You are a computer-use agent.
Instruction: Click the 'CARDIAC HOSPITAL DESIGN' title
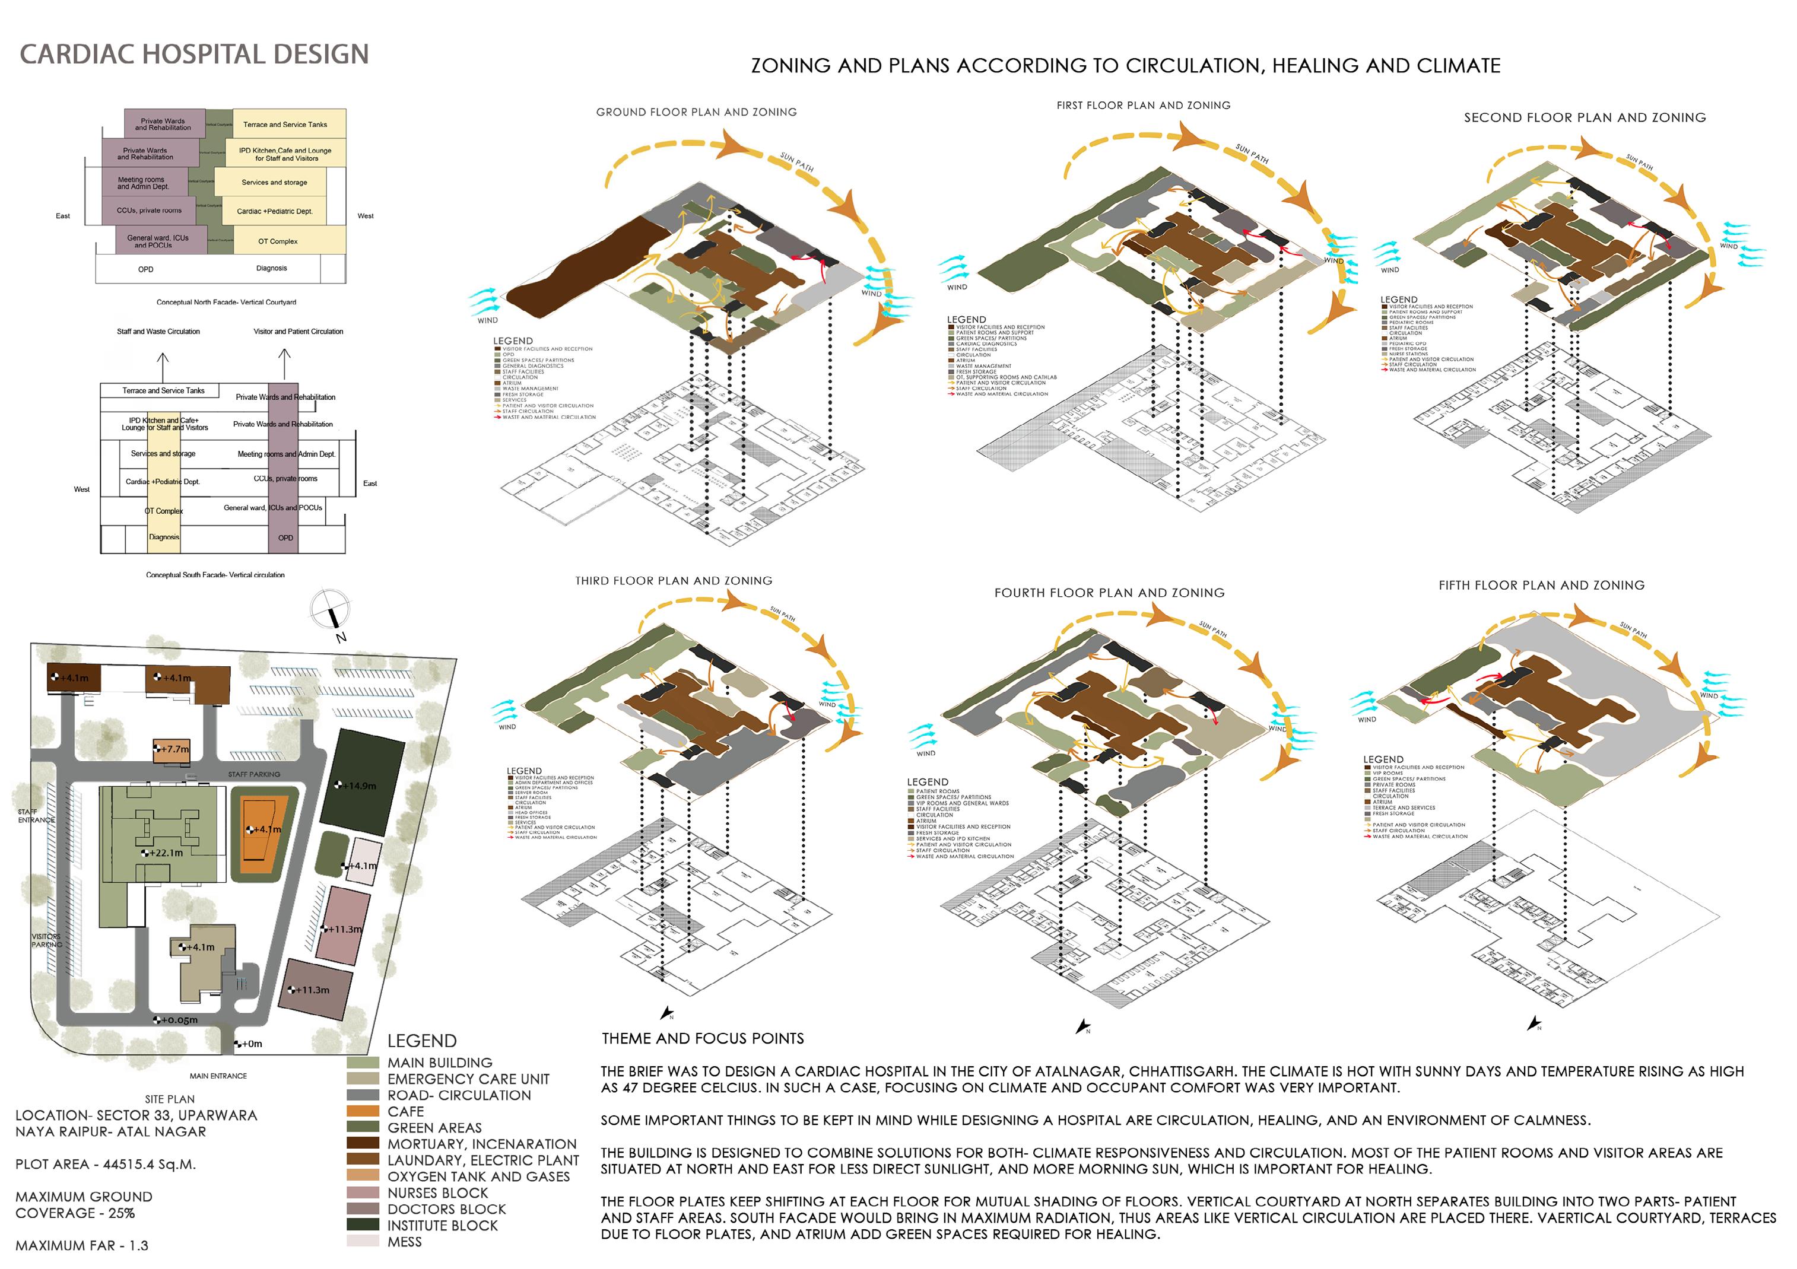click(x=194, y=54)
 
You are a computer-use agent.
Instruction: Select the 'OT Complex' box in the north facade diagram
click(x=278, y=241)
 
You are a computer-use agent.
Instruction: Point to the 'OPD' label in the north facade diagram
click(x=145, y=269)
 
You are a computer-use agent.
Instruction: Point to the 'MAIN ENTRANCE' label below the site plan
click(x=218, y=1076)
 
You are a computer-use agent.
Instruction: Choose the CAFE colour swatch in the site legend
click(x=363, y=1111)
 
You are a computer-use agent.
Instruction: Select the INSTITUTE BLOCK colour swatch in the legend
click(x=363, y=1225)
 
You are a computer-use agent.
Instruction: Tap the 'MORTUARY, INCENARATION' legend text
click(x=481, y=1144)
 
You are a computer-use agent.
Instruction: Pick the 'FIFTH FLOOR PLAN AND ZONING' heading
click(x=1541, y=585)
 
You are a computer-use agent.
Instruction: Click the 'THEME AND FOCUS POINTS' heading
click(x=702, y=1038)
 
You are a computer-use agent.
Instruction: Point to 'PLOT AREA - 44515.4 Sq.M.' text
click(x=106, y=1164)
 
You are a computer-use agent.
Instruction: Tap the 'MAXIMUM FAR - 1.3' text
click(x=81, y=1245)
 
